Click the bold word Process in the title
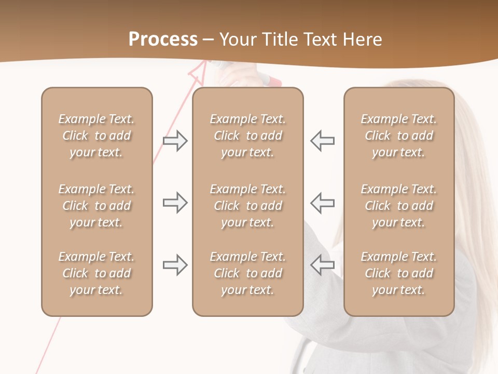click(163, 39)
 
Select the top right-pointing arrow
click(175, 141)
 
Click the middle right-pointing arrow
click(175, 203)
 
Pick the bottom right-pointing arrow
click(175, 265)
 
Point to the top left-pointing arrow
click(322, 141)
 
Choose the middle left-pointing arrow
click(322, 203)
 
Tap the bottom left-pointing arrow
click(322, 265)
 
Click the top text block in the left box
click(96, 136)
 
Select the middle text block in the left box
click(96, 206)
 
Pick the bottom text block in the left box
click(96, 273)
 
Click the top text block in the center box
click(248, 136)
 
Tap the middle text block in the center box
click(248, 206)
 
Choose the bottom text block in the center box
click(248, 273)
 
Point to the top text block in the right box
click(399, 136)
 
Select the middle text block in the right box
click(399, 206)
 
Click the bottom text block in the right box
click(399, 273)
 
